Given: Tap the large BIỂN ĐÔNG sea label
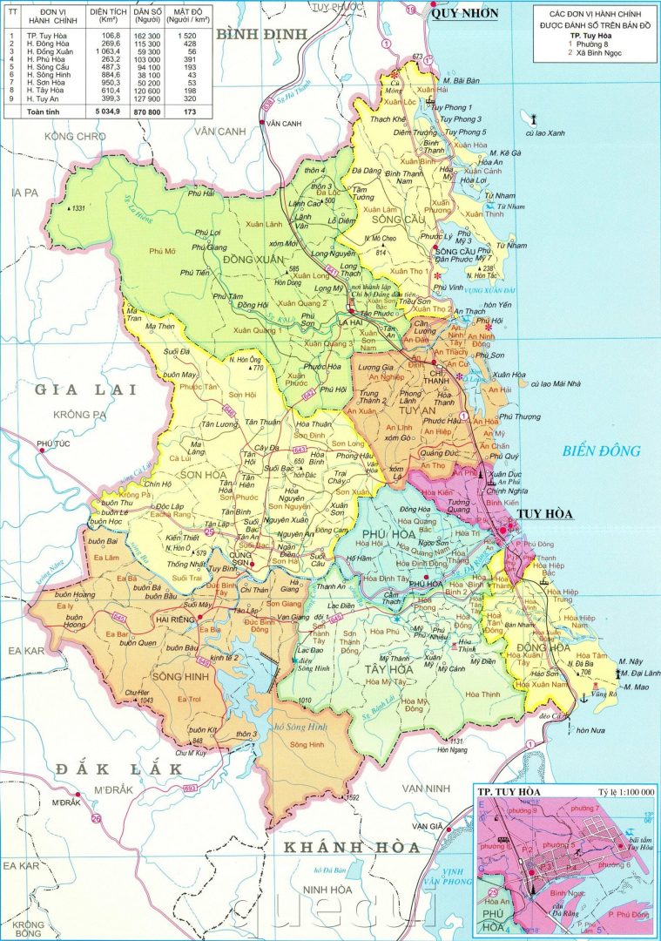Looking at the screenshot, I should [x=601, y=450].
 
